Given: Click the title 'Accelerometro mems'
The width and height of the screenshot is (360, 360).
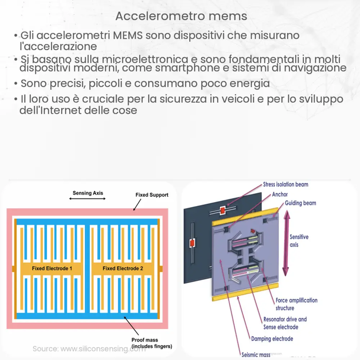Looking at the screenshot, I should [181, 16].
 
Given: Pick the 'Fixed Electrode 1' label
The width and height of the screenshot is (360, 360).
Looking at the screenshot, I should [52, 268].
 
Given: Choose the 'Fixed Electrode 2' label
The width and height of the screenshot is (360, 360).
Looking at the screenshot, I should [123, 268].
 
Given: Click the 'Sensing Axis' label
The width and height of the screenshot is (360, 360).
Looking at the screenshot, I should [87, 193].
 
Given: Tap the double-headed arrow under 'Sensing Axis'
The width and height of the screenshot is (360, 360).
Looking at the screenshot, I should [87, 198].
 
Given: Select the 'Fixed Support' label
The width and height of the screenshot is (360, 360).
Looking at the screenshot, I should [152, 195].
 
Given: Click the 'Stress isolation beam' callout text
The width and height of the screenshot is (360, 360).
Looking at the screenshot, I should [285, 184].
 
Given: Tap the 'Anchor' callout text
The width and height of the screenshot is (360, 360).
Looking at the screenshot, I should [280, 194].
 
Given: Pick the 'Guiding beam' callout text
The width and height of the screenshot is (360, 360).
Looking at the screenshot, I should [300, 203].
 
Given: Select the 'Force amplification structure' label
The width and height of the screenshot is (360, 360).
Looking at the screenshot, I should [296, 304].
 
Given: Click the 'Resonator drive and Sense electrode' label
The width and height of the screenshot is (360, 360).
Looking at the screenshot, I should [285, 323].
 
